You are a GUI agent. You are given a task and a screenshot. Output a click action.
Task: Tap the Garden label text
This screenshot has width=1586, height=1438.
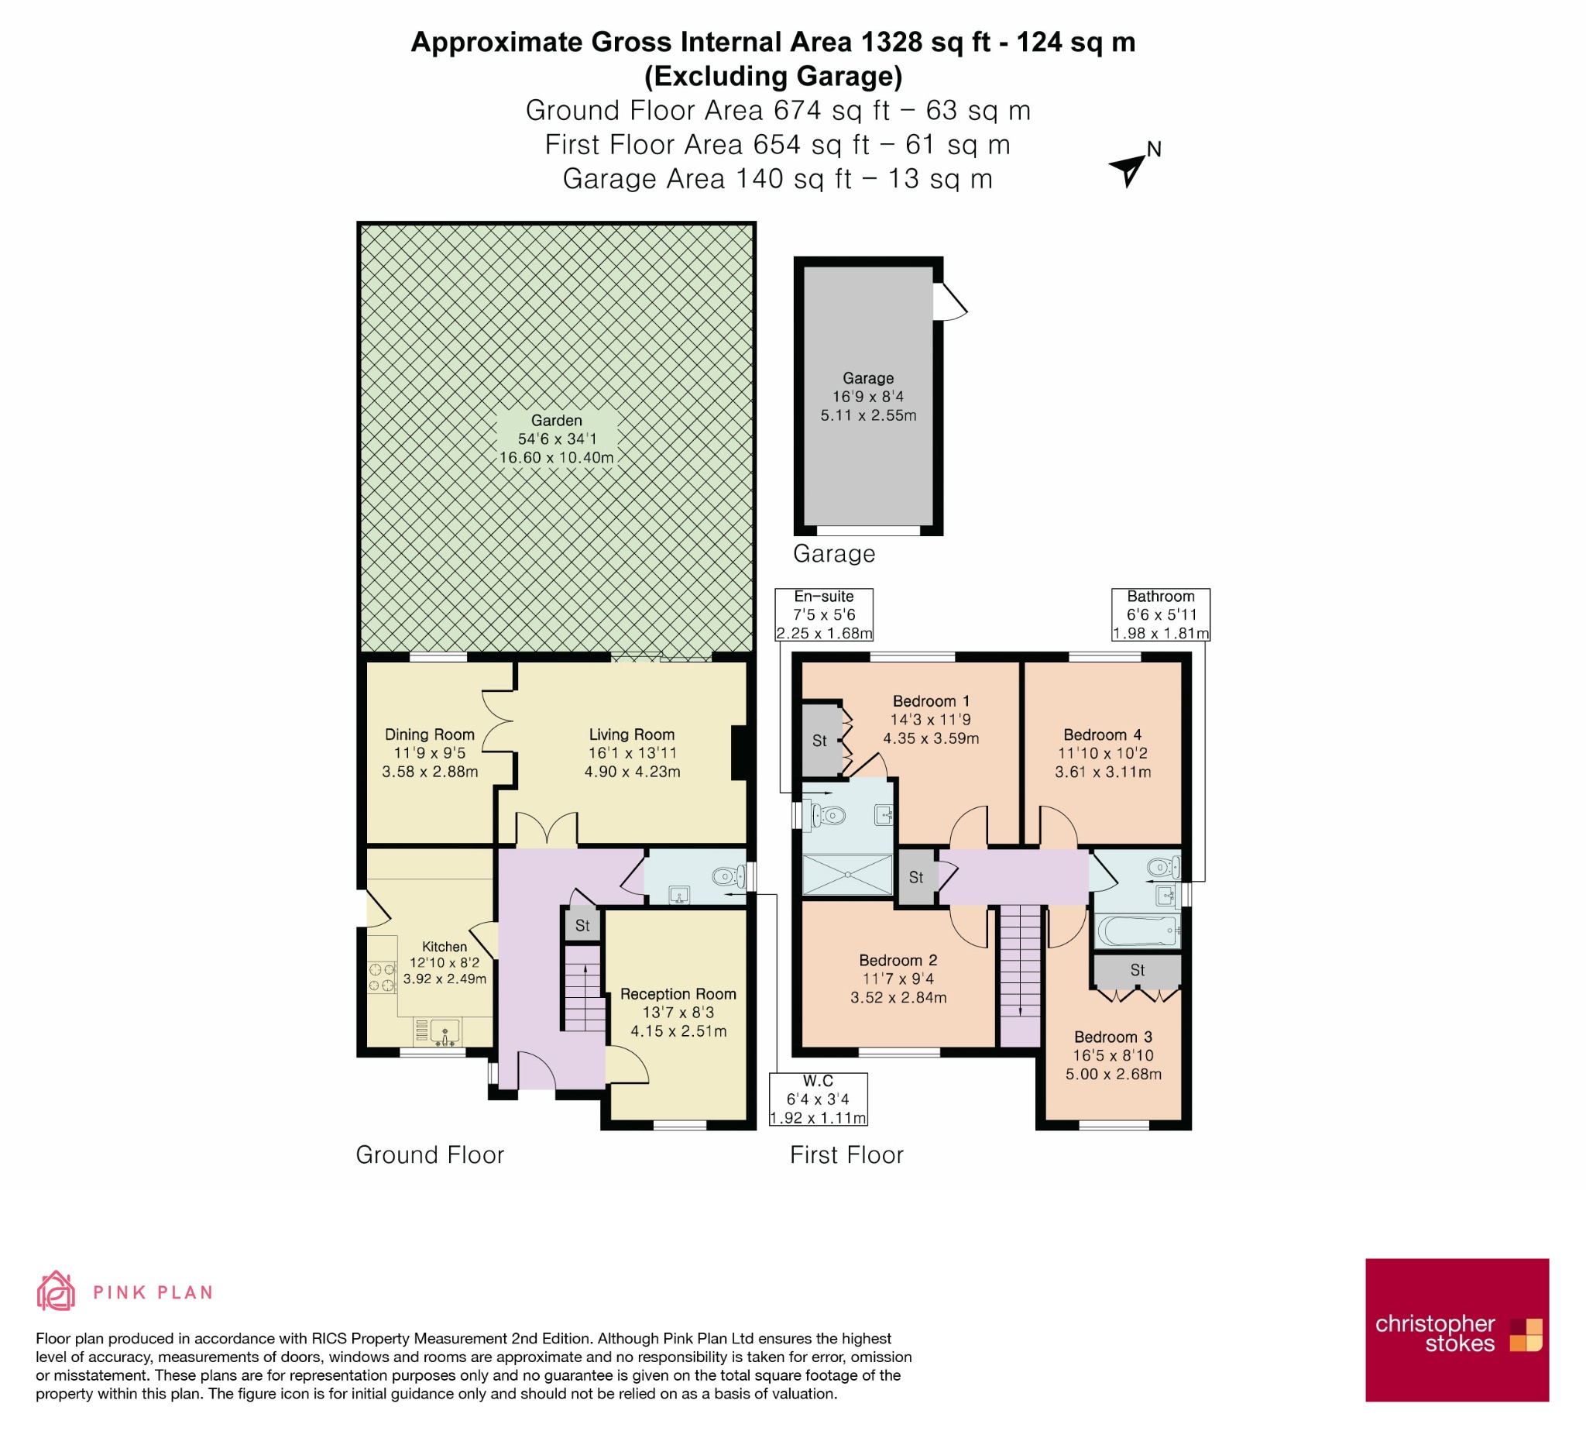(556, 421)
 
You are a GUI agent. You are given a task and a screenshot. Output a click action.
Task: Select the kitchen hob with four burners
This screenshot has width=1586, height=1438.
(382, 978)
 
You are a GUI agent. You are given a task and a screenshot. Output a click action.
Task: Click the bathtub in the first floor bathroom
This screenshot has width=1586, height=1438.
(1138, 931)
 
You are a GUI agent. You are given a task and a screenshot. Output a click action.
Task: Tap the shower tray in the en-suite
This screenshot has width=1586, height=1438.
(847, 875)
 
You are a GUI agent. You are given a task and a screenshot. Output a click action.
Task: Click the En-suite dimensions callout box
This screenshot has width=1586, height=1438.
(824, 614)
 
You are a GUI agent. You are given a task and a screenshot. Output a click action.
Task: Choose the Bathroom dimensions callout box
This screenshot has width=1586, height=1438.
(1160, 614)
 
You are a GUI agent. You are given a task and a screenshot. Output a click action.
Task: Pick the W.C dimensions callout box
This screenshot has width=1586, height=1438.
(819, 1099)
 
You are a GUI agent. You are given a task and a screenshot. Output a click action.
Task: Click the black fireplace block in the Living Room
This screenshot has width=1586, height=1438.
(739, 752)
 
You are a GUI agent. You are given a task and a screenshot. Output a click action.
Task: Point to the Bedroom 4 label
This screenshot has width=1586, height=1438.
(1102, 735)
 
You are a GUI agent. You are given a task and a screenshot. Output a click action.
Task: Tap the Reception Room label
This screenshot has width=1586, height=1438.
(678, 994)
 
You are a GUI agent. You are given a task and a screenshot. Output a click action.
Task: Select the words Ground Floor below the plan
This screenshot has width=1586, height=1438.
(430, 1154)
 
